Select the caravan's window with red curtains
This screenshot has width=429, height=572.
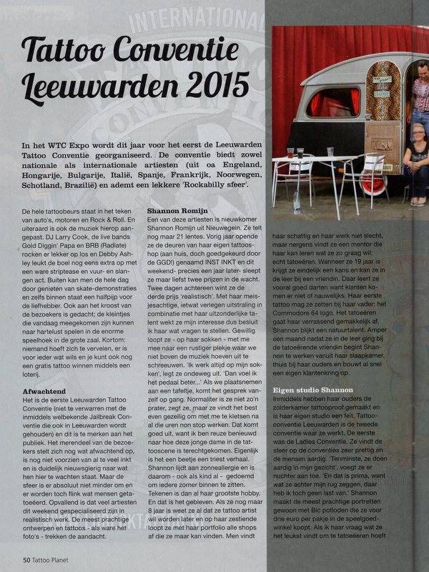tap(333, 102)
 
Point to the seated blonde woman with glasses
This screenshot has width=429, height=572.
tap(416, 161)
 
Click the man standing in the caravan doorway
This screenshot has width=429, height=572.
tap(420, 93)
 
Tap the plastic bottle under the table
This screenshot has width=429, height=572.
tap(296, 201)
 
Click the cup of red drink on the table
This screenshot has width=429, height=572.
tap(290, 152)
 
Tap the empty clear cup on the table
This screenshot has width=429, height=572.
tap(330, 152)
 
